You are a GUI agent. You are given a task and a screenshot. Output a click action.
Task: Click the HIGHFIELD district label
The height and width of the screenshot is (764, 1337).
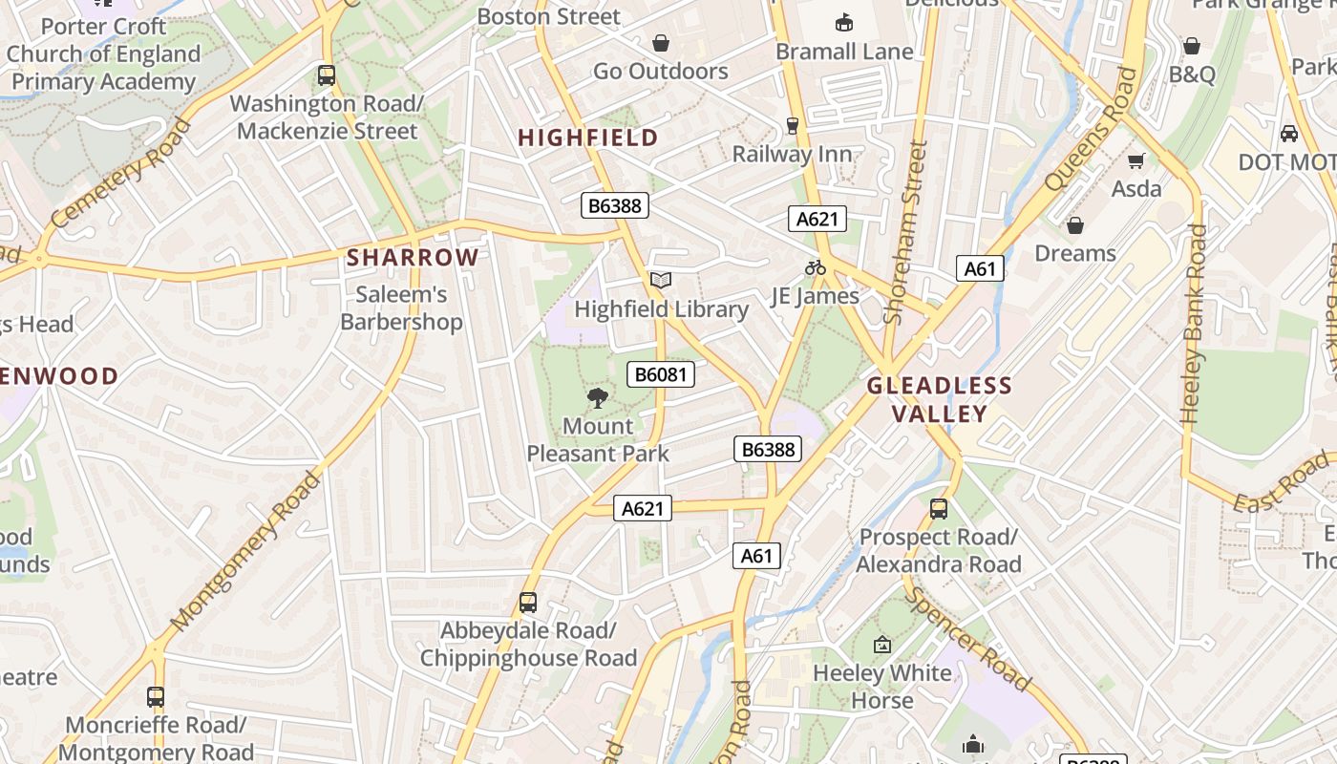click(587, 138)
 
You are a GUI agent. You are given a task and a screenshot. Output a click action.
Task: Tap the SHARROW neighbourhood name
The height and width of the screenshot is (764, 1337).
click(413, 257)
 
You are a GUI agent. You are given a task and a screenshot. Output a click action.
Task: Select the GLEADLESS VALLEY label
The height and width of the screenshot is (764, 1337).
click(939, 399)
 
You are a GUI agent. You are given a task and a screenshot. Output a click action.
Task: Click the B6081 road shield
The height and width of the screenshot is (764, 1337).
click(660, 374)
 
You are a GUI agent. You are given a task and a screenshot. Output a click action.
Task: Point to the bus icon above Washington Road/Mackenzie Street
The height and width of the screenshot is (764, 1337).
click(327, 74)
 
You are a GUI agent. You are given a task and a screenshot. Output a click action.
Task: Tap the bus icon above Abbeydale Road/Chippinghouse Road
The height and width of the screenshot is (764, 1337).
click(528, 603)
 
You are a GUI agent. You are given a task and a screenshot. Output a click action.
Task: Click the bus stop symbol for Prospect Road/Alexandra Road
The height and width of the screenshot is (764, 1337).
click(939, 509)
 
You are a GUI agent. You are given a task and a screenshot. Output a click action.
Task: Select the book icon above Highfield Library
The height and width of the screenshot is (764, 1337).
click(661, 281)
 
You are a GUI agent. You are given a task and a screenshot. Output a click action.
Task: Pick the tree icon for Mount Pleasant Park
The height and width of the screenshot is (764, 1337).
click(598, 398)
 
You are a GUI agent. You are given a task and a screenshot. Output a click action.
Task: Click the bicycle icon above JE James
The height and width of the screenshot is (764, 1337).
click(815, 268)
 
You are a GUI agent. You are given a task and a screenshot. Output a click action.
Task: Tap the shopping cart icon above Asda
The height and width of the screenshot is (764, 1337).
click(1136, 160)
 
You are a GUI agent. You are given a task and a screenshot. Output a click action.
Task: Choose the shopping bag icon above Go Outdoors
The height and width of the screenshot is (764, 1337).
click(660, 43)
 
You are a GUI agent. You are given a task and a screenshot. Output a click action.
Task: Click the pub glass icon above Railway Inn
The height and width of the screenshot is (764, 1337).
click(792, 125)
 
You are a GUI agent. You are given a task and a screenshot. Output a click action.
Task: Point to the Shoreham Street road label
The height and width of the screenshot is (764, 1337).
click(906, 232)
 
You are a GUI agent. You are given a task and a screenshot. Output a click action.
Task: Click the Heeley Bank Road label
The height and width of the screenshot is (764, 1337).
click(1194, 324)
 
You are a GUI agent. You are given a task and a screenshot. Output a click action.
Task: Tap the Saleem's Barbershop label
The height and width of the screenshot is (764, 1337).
click(401, 308)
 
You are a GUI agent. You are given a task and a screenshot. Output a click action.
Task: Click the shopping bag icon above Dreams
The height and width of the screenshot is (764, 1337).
click(1075, 225)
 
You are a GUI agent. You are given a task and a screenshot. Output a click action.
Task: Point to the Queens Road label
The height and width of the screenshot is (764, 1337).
click(1093, 130)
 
